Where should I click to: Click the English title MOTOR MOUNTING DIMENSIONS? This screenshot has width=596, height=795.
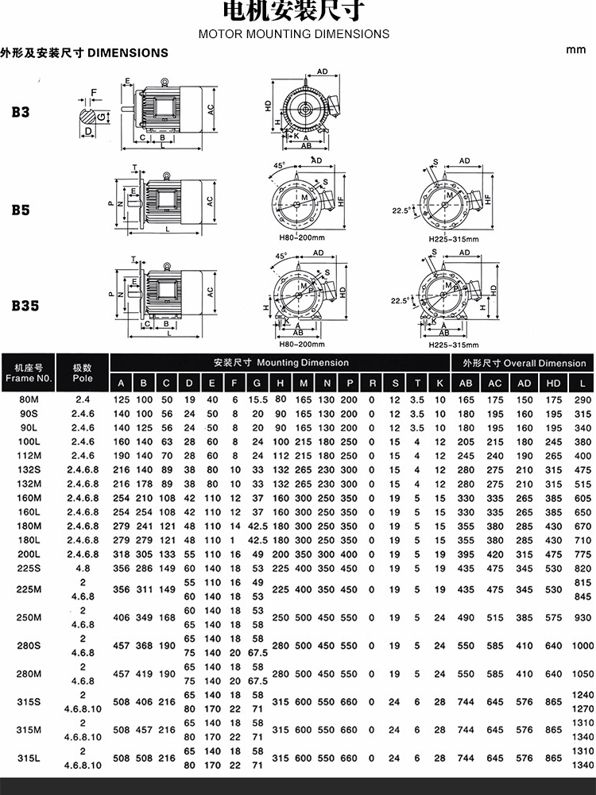[x=293, y=34]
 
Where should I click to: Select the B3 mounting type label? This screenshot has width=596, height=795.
[x=21, y=112]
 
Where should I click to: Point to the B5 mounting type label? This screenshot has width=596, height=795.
[x=21, y=210]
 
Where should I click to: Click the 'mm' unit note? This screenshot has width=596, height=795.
[x=576, y=49]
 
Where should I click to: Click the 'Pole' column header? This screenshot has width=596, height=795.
[x=83, y=379]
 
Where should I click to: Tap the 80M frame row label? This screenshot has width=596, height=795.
[x=29, y=399]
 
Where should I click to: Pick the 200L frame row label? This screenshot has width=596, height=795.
[x=29, y=554]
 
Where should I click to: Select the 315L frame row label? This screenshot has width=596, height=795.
[x=29, y=758]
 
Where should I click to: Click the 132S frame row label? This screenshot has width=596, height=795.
[x=29, y=470]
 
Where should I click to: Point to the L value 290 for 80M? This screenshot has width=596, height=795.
[x=582, y=399]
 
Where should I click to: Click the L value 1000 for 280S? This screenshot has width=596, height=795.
[x=582, y=646]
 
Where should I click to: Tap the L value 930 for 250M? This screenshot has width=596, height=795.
[x=582, y=618]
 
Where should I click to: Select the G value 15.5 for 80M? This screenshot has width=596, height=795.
[x=257, y=399]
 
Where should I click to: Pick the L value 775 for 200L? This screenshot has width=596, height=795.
[x=582, y=554]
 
